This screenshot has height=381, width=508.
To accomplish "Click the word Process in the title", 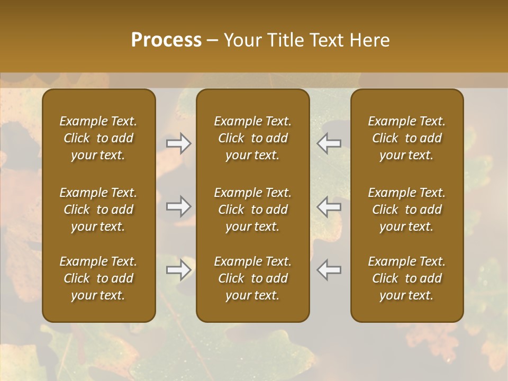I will point(166,40).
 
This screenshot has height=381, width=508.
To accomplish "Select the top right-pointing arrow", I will point(178,143).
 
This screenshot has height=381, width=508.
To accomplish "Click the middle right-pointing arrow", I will point(178,206).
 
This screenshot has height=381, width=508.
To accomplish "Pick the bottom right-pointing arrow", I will point(178,270).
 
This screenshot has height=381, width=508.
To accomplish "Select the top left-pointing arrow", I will point(329,143).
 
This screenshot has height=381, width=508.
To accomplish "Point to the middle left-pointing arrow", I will point(329,206).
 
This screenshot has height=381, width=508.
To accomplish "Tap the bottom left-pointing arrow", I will point(329,270).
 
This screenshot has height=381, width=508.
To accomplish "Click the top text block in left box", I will point(98,138).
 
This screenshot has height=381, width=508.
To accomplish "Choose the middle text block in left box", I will point(98,210).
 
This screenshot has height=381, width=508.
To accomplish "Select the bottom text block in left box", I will point(98,278).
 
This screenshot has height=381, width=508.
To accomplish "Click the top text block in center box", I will point(253,138).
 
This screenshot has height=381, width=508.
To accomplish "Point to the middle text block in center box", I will point(253,210).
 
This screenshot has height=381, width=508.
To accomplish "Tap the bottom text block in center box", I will point(253,278).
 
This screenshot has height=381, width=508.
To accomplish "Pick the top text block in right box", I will point(407,138).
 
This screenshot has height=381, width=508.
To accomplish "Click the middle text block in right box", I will point(407,210).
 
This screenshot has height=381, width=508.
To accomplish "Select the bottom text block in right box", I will point(407,278).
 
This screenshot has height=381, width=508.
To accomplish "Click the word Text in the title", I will point(326,40).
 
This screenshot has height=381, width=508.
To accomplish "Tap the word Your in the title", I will point(241,40).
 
